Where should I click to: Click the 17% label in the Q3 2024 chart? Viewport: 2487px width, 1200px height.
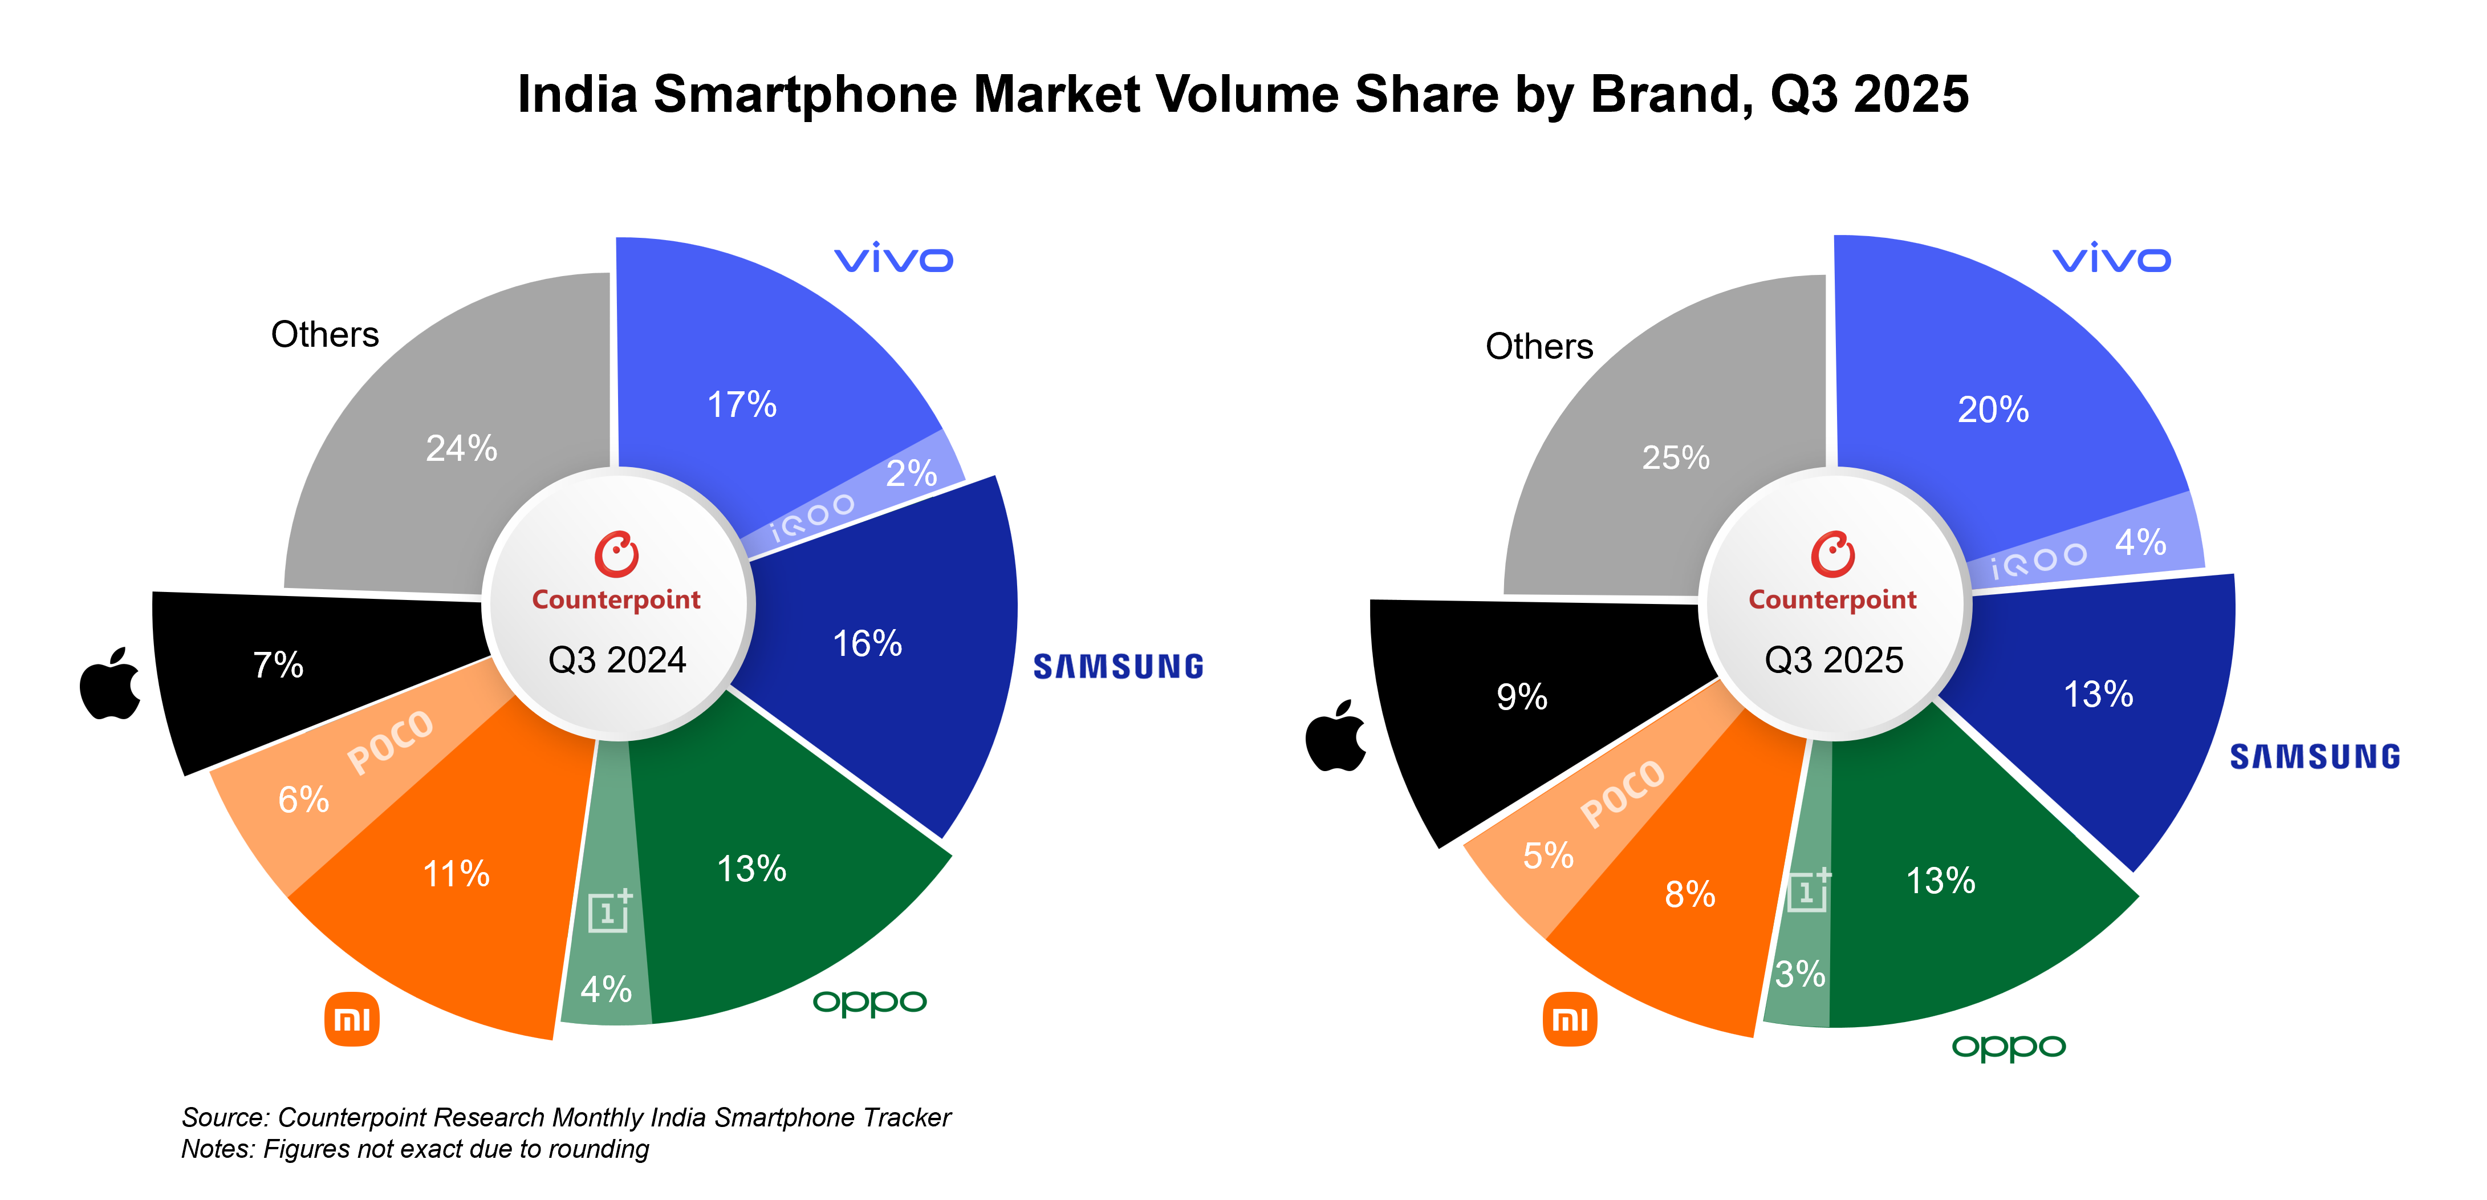coord(741,404)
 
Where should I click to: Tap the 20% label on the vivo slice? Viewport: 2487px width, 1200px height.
coord(1993,410)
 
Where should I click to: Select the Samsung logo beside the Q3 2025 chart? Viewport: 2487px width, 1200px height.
coord(2314,757)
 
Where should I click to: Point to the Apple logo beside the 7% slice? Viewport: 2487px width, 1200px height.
coord(110,683)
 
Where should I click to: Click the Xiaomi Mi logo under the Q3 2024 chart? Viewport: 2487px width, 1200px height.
coord(351,1019)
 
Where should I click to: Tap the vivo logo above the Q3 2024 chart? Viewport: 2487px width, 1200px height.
coord(893,260)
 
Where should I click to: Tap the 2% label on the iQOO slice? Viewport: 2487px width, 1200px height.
coord(911,473)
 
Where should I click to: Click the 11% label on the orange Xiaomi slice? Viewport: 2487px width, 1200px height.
coord(456,874)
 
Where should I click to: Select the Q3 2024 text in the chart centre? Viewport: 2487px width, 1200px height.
coord(617,660)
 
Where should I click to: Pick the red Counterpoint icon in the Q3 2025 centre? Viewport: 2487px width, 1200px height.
coord(1832,554)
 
